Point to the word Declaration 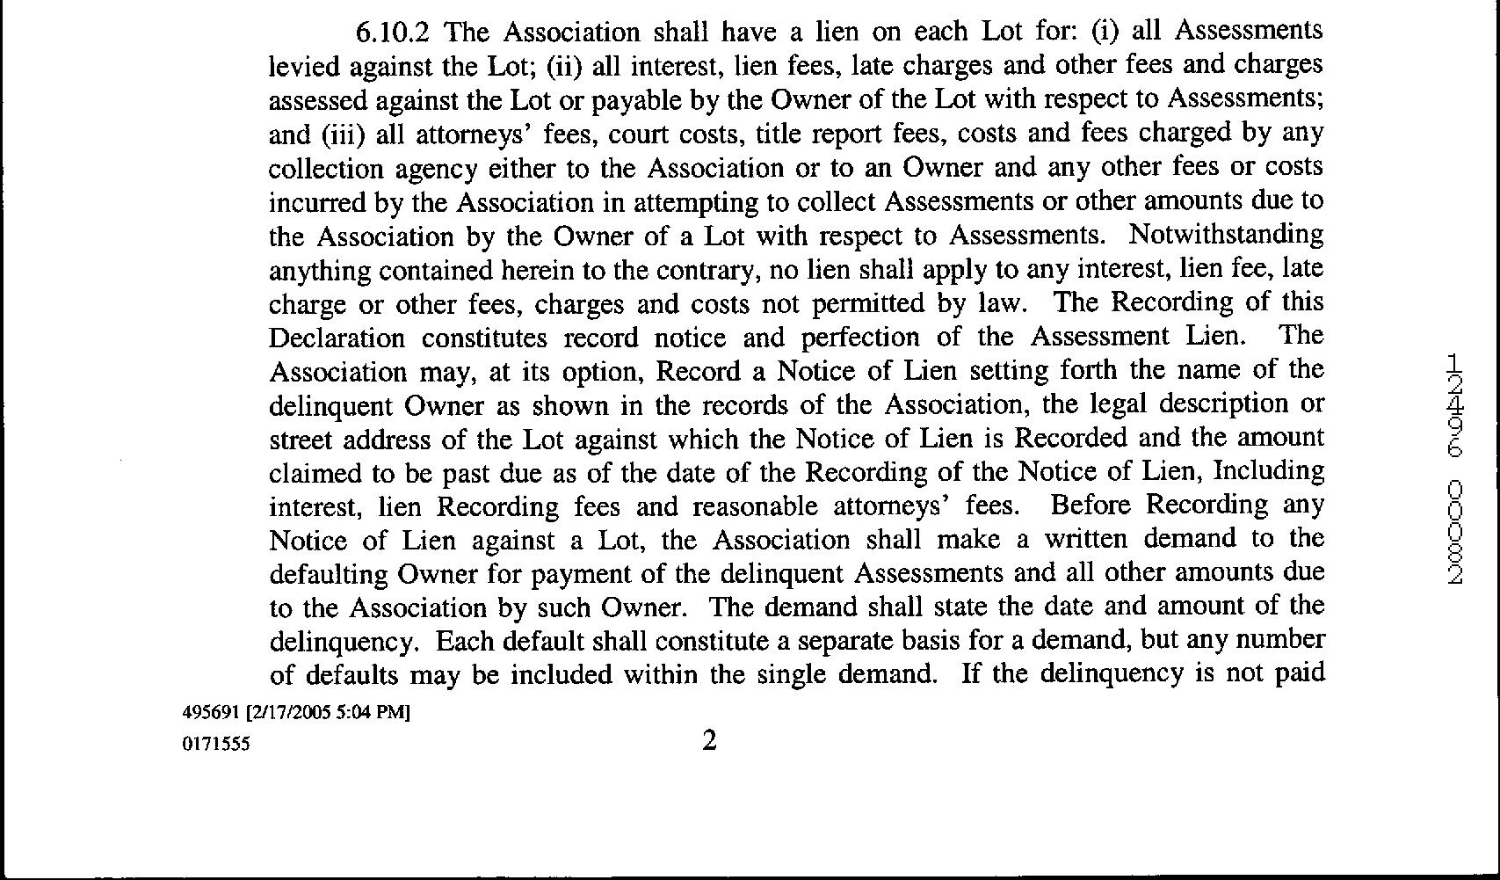tap(337, 338)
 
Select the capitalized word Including tap(1268, 472)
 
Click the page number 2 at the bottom tap(709, 741)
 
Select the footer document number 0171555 tap(215, 744)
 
